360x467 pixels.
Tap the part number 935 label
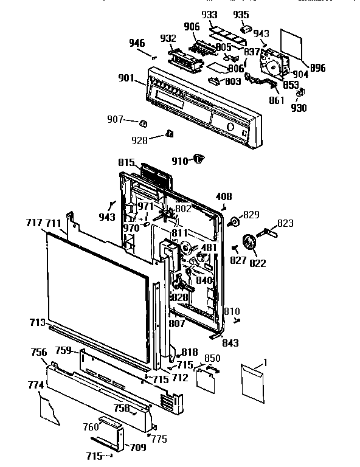(x=242, y=15)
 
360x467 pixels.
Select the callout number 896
(x=317, y=67)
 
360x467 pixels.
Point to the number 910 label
(x=180, y=161)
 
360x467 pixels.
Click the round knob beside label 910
(x=198, y=159)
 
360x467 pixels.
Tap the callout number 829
(x=251, y=214)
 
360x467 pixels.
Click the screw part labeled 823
(x=269, y=231)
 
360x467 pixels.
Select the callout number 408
(x=224, y=196)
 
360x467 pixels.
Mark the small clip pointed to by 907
(x=144, y=123)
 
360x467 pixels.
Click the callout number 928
(x=140, y=140)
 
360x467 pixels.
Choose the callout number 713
(x=36, y=322)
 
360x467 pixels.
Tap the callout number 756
(x=40, y=352)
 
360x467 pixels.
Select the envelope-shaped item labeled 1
(x=254, y=381)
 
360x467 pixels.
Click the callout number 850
(x=212, y=359)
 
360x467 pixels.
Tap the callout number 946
(x=137, y=43)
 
